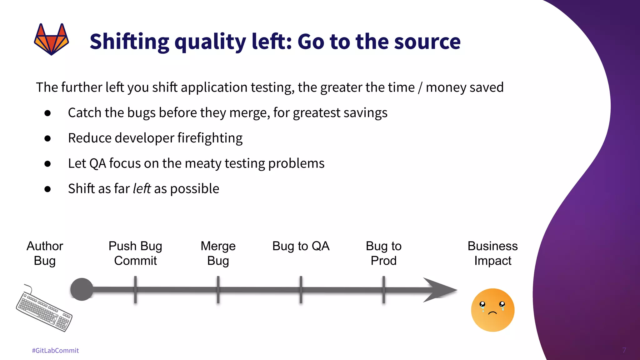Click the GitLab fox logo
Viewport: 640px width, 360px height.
coord(51,39)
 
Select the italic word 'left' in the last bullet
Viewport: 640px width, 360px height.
coord(142,189)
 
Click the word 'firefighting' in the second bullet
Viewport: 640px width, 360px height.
coord(210,138)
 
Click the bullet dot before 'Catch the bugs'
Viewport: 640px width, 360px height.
coord(47,113)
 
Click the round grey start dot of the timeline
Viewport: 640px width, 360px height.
coord(82,289)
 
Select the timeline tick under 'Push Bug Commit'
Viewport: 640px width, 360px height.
coord(135,290)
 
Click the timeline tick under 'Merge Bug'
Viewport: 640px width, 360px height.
coord(218,290)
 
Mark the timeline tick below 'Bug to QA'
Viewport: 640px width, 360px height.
coord(301,290)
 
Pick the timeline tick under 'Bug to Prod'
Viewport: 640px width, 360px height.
coord(384,290)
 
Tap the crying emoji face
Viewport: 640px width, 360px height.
coord(492,310)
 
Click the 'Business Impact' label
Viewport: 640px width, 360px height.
coord(492,253)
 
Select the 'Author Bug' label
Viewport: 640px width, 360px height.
coord(45,253)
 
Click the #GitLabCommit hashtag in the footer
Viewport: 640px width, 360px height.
coord(55,351)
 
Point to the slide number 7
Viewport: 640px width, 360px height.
coord(624,350)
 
